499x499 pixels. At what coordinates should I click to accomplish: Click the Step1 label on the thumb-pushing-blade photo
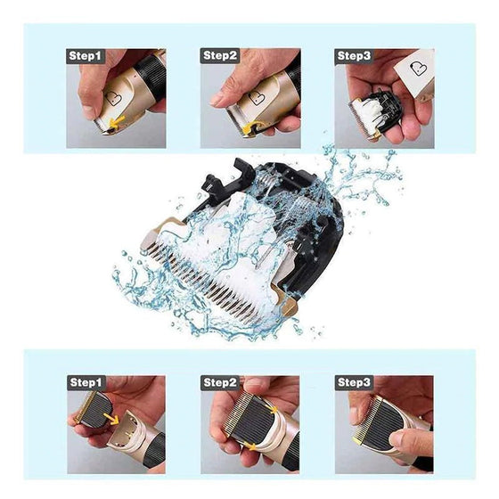click(x=85, y=56)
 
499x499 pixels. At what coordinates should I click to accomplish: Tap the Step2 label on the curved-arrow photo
click(x=220, y=55)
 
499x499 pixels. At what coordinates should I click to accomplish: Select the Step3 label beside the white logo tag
click(x=354, y=56)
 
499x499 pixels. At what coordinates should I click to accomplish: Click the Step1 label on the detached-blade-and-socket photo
click(x=86, y=382)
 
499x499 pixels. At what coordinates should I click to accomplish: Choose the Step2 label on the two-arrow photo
click(x=220, y=382)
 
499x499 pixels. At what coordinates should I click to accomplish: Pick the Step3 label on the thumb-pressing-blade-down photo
click(x=354, y=382)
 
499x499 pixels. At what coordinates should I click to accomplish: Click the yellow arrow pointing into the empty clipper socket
click(x=111, y=419)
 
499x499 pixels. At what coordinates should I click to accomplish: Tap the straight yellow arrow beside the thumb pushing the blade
click(x=117, y=123)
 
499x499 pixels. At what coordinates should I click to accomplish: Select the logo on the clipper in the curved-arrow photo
click(x=257, y=99)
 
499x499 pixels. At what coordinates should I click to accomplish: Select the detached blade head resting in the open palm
click(x=377, y=113)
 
